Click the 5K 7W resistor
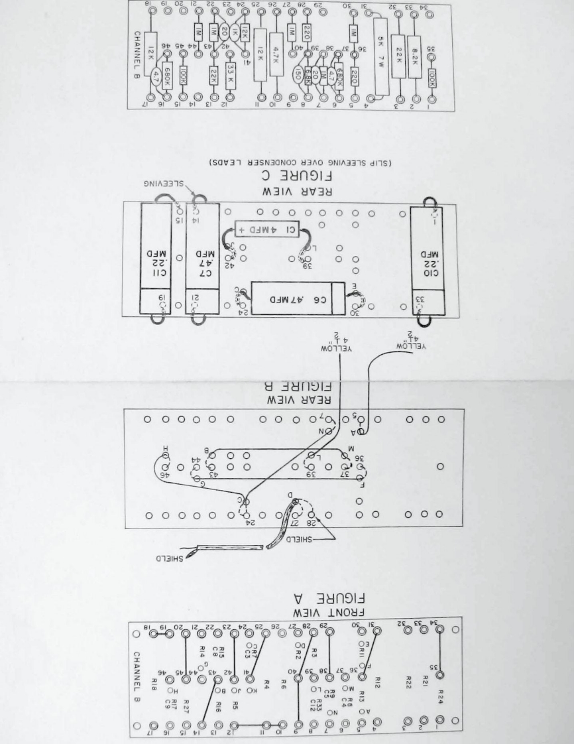click(x=380, y=58)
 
